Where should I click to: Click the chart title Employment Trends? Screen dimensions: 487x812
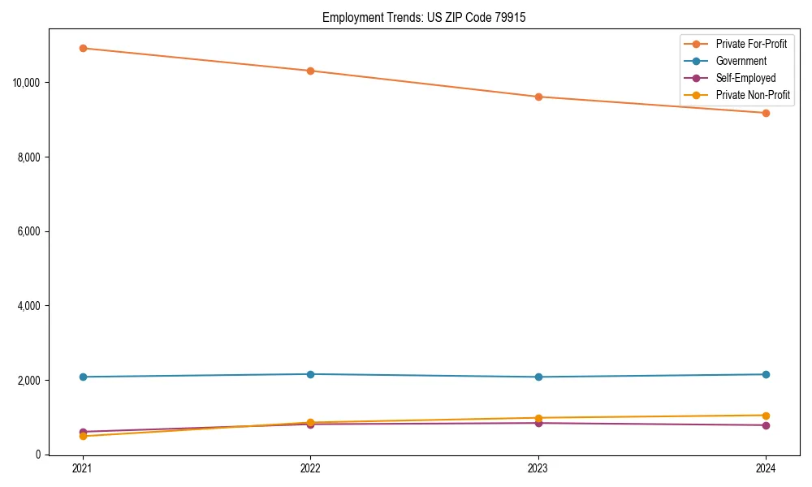tap(424, 17)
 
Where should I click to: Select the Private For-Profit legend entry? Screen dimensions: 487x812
tap(750, 44)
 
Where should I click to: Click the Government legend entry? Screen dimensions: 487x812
tap(741, 61)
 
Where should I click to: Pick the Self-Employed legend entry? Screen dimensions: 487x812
tap(745, 78)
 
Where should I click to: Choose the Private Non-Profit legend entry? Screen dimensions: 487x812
tap(753, 95)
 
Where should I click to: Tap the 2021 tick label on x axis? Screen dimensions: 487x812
tap(83, 468)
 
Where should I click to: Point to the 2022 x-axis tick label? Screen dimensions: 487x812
tap(310, 468)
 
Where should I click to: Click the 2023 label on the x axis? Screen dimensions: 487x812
tap(538, 468)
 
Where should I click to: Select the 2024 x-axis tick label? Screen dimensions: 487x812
tap(766, 468)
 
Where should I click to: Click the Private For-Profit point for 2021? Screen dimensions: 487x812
tap(83, 48)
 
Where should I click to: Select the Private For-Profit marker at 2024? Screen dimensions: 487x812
tap(766, 113)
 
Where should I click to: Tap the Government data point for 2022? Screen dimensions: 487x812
tap(310, 374)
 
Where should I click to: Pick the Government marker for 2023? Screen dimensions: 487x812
tap(538, 377)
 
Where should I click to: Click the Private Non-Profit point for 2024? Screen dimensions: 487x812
tap(766, 416)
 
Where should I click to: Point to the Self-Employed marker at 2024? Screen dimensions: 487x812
tap(766, 425)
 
